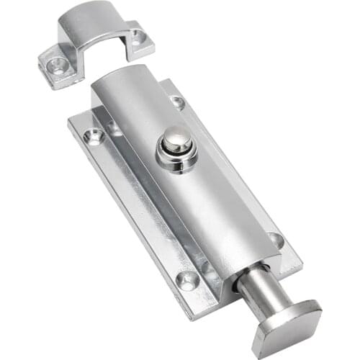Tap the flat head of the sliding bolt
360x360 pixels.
(x=289, y=323)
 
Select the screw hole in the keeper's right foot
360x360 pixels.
(x=137, y=37)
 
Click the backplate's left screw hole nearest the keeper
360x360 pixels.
(x=94, y=135)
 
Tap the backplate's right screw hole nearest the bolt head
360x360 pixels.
(x=274, y=239)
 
